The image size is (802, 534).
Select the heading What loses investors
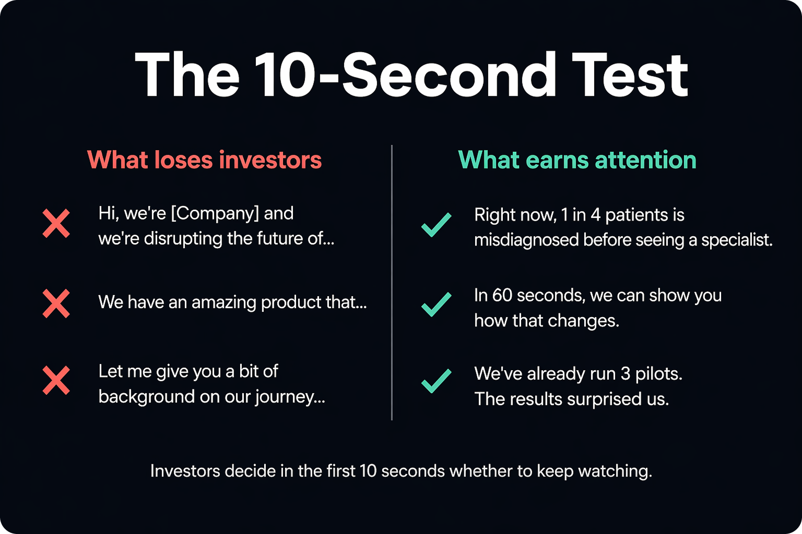coord(205,160)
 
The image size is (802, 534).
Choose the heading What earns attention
coord(577,160)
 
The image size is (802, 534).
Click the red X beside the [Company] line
coord(56,224)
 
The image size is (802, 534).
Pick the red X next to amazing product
coord(56,304)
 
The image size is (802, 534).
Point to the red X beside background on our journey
coord(56,380)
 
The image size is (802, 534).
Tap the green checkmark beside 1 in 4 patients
coord(437,225)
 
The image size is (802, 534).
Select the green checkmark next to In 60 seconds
coord(437,305)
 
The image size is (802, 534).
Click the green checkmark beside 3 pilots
coord(437,381)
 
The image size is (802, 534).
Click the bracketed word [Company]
coord(215,214)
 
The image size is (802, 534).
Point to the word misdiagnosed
coord(526,240)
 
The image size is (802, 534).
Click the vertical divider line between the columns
coord(392,283)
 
